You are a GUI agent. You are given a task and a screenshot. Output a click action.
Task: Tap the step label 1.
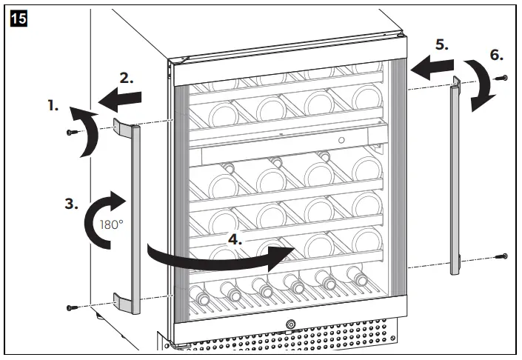click(53, 106)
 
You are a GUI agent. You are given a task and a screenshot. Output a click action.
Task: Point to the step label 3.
click(71, 204)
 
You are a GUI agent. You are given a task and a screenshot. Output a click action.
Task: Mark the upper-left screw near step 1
click(71, 132)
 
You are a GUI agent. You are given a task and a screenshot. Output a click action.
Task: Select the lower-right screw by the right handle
click(503, 256)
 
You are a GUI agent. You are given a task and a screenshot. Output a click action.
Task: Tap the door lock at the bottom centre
click(290, 324)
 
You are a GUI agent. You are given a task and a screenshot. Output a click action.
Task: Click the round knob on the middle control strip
click(341, 140)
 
